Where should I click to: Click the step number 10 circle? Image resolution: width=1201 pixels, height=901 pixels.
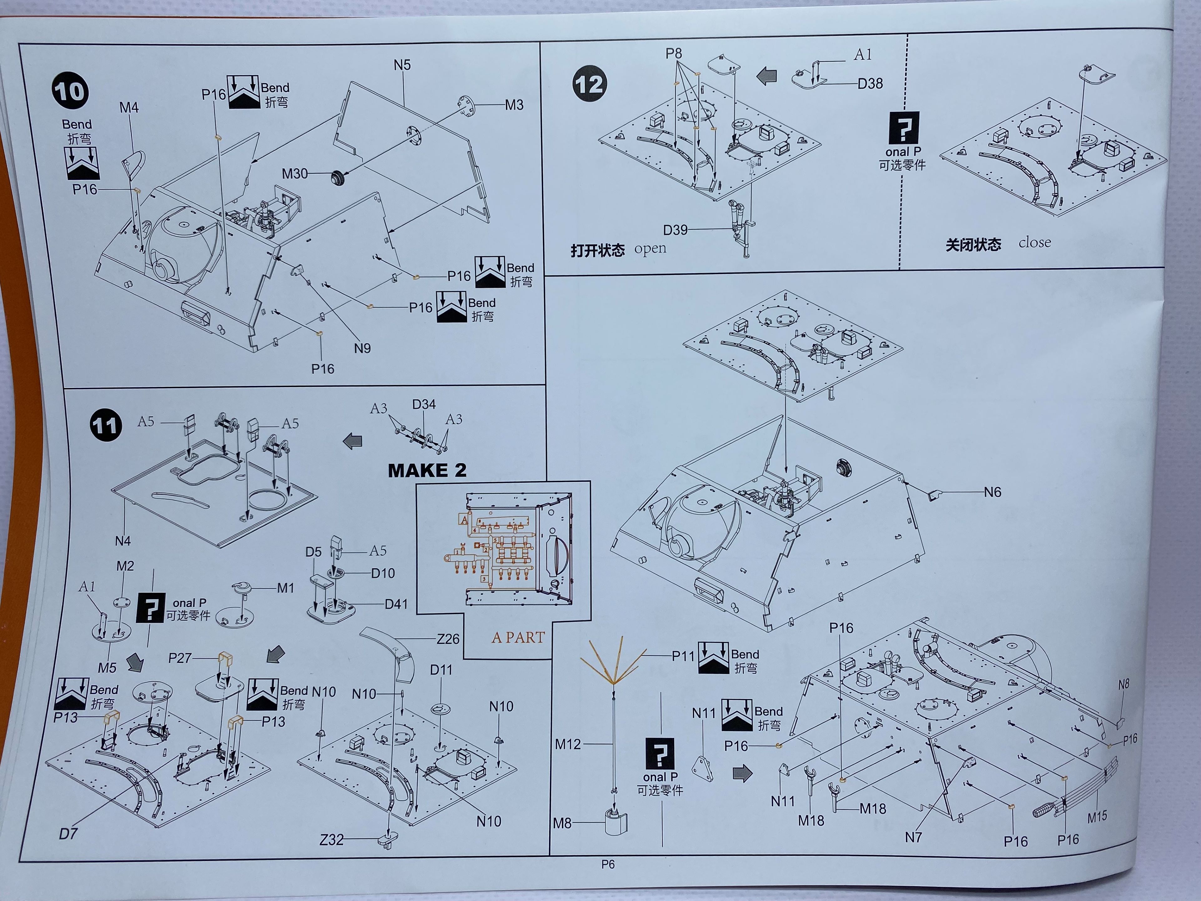click(70, 91)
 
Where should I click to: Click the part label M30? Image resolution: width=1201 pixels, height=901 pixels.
click(294, 174)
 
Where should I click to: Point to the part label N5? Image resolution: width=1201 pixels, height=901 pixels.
click(402, 65)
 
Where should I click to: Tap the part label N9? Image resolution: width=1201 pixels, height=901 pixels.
click(362, 348)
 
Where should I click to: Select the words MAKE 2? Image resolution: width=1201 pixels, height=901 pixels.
click(427, 470)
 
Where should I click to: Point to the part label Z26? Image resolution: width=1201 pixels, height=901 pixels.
click(448, 639)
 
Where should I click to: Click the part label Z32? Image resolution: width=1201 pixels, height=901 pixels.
click(331, 840)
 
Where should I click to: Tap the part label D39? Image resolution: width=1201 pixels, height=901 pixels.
click(675, 230)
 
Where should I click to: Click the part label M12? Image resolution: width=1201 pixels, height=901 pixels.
click(567, 744)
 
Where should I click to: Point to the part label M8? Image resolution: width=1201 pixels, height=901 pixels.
click(562, 823)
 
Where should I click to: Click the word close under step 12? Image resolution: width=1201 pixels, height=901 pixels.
click(1034, 242)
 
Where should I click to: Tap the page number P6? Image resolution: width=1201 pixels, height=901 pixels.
click(608, 864)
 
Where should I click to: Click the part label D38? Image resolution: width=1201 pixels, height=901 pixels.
click(870, 84)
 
